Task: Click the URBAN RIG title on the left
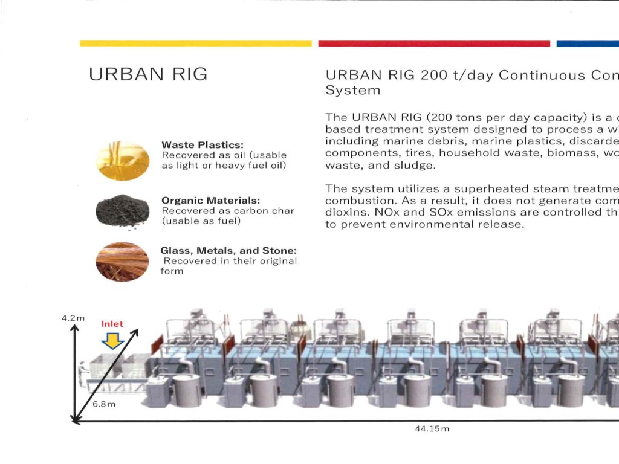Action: coord(147,74)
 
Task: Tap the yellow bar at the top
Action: coord(195,43)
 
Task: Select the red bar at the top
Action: coord(433,43)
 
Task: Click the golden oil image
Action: coord(123,160)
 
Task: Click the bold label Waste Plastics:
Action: coord(202,145)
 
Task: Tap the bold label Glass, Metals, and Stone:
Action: coord(228,250)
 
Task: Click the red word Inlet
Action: coord(112,324)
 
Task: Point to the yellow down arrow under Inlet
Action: coord(112,341)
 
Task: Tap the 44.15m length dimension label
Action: coord(432,429)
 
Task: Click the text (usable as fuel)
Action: coord(201,221)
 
